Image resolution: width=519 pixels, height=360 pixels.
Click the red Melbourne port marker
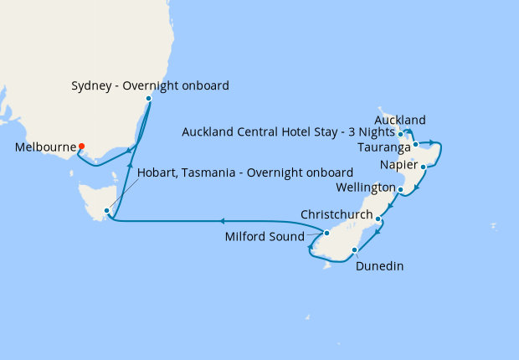(x=81, y=147)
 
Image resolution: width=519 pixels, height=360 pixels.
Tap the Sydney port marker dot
(x=148, y=99)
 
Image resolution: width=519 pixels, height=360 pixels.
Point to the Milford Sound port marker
(x=327, y=233)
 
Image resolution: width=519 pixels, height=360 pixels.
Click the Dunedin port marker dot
(x=355, y=249)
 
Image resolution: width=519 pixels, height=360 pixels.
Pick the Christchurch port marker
(x=379, y=219)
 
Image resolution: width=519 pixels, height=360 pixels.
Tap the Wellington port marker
(x=401, y=190)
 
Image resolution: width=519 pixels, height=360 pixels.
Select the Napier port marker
(x=424, y=167)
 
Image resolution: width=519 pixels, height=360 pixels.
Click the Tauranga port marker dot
(x=415, y=145)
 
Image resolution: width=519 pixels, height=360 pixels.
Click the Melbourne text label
(x=44, y=147)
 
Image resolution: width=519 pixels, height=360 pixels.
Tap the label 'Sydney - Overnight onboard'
(x=151, y=85)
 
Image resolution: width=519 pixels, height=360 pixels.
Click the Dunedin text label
(x=379, y=266)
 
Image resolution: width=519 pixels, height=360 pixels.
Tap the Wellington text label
(x=365, y=185)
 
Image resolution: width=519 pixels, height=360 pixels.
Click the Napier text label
(x=397, y=165)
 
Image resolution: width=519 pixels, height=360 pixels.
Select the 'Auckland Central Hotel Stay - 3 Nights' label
(x=288, y=131)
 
